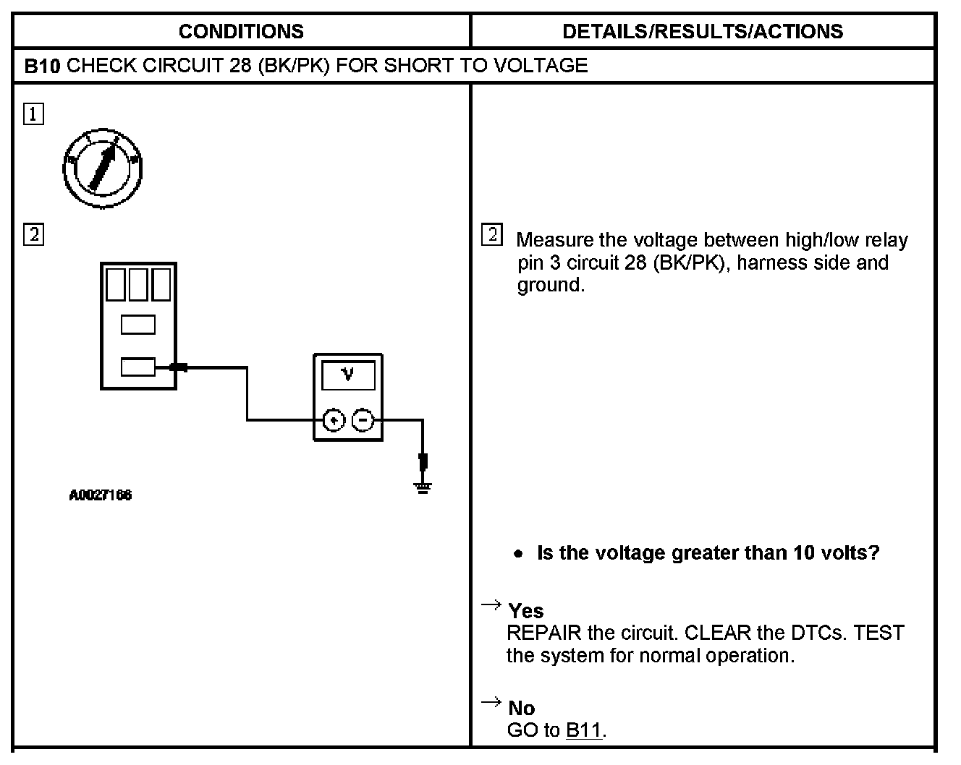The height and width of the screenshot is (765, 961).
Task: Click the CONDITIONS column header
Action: [241, 31]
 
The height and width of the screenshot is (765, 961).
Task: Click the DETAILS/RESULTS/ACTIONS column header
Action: [702, 31]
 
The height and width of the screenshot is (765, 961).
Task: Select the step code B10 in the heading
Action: [43, 66]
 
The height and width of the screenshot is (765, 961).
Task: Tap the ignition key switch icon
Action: [101, 168]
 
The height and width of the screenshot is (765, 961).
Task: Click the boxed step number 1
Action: [34, 114]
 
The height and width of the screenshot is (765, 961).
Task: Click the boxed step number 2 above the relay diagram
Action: [34, 235]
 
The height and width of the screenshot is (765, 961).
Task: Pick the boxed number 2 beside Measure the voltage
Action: [491, 235]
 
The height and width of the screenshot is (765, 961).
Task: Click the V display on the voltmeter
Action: [348, 375]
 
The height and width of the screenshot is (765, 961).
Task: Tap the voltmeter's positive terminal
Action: [333, 419]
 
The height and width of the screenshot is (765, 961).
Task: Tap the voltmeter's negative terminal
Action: [363, 419]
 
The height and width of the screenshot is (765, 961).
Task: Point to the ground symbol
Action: [423, 488]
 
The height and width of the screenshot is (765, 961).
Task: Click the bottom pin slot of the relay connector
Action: [137, 367]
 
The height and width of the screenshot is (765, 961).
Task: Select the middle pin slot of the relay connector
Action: [137, 325]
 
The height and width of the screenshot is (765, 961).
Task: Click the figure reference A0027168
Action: [101, 495]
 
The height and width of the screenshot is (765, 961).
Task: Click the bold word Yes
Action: [526, 611]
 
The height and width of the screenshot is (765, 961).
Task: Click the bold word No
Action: [521, 708]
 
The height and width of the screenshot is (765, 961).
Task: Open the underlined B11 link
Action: [583, 730]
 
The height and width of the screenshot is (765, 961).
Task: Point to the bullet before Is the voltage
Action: [517, 554]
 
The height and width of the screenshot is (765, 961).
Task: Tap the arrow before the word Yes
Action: [491, 604]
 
